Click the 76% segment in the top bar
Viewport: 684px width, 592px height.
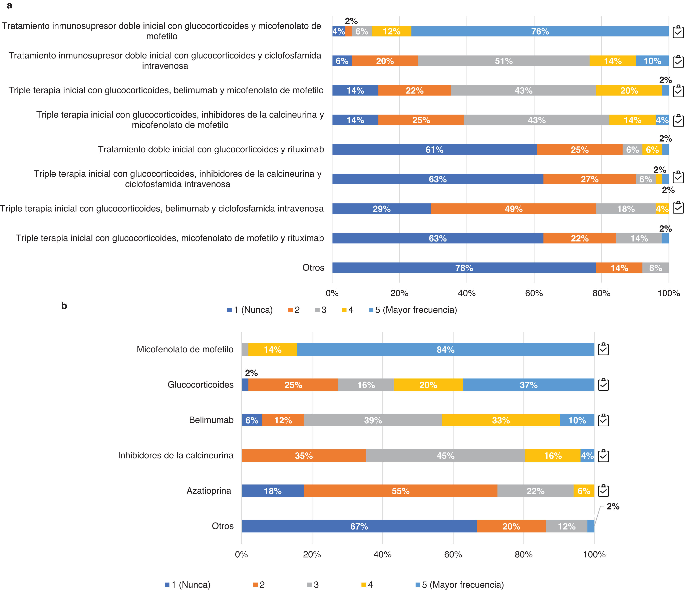click(x=540, y=31)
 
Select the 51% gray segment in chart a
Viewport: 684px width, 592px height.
click(x=503, y=61)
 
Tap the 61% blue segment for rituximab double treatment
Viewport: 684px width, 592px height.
click(x=434, y=150)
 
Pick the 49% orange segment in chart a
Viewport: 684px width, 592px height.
click(x=513, y=209)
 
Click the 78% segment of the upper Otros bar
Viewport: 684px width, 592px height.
click(x=464, y=268)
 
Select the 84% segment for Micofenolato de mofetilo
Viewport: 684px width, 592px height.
click(x=445, y=349)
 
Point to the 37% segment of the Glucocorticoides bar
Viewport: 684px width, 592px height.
click(x=528, y=385)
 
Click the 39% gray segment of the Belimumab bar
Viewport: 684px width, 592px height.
click(x=373, y=420)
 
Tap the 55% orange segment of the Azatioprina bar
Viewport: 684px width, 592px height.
click(x=400, y=491)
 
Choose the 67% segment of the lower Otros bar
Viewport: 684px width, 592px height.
click(x=359, y=526)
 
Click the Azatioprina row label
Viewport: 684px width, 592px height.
click(x=209, y=491)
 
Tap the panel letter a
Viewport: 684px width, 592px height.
click(x=9, y=6)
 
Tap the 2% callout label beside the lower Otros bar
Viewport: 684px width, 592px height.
click(x=613, y=506)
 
